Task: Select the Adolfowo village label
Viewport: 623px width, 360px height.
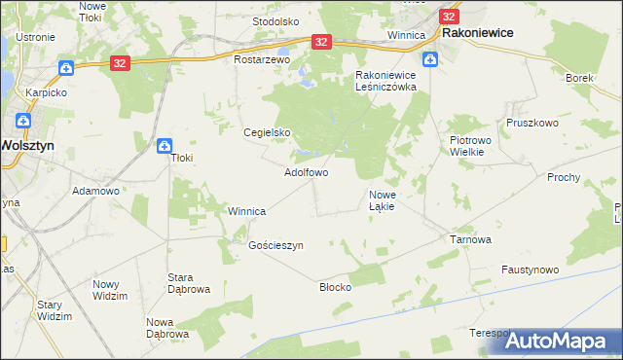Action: pyautogui.click(x=306, y=172)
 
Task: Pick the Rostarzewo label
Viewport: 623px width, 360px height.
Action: pyautogui.click(x=263, y=59)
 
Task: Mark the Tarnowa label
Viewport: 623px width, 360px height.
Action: pyautogui.click(x=469, y=238)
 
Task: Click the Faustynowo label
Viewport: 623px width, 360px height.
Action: pyautogui.click(x=530, y=270)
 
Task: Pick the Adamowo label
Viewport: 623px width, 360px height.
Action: pyautogui.click(x=95, y=191)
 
